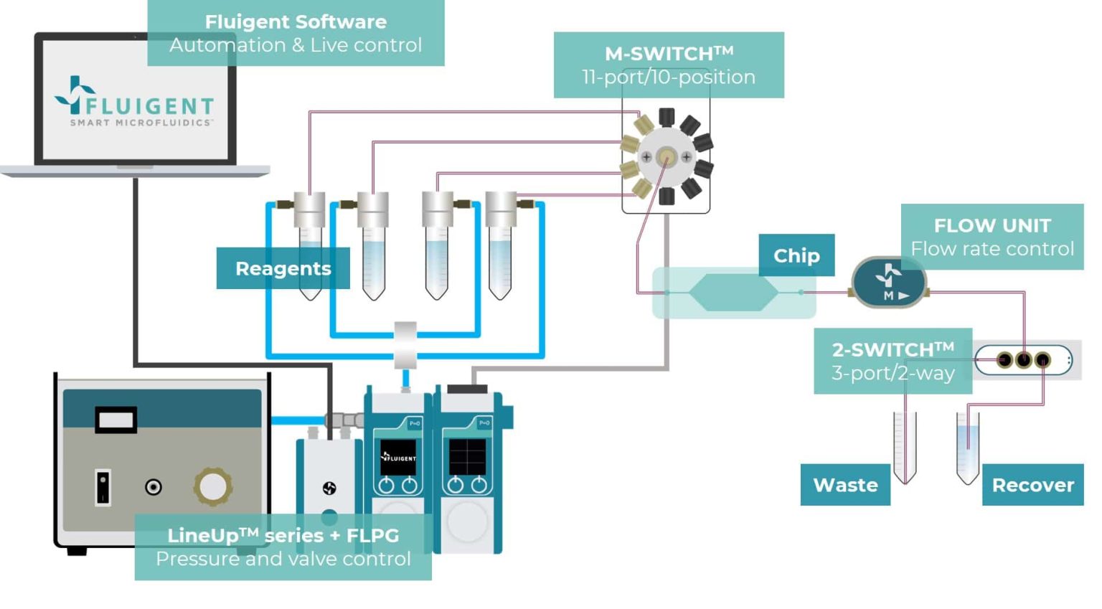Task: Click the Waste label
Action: click(845, 485)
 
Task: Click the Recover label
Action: click(1032, 485)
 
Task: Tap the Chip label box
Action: click(796, 255)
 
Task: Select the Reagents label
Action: click(283, 268)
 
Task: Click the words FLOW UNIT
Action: click(992, 225)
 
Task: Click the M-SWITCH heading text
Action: click(669, 54)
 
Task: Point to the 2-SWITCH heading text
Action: click(893, 349)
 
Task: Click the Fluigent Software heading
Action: click(296, 22)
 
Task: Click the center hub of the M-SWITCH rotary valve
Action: click(667, 156)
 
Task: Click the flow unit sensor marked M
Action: click(889, 282)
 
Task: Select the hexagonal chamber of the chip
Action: click(733, 293)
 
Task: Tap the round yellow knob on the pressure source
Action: click(212, 486)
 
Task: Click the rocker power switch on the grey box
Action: click(103, 487)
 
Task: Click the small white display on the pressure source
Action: click(116, 420)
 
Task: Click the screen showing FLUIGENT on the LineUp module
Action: click(398, 457)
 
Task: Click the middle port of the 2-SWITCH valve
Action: click(1023, 359)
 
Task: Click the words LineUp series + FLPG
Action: click(283, 535)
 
